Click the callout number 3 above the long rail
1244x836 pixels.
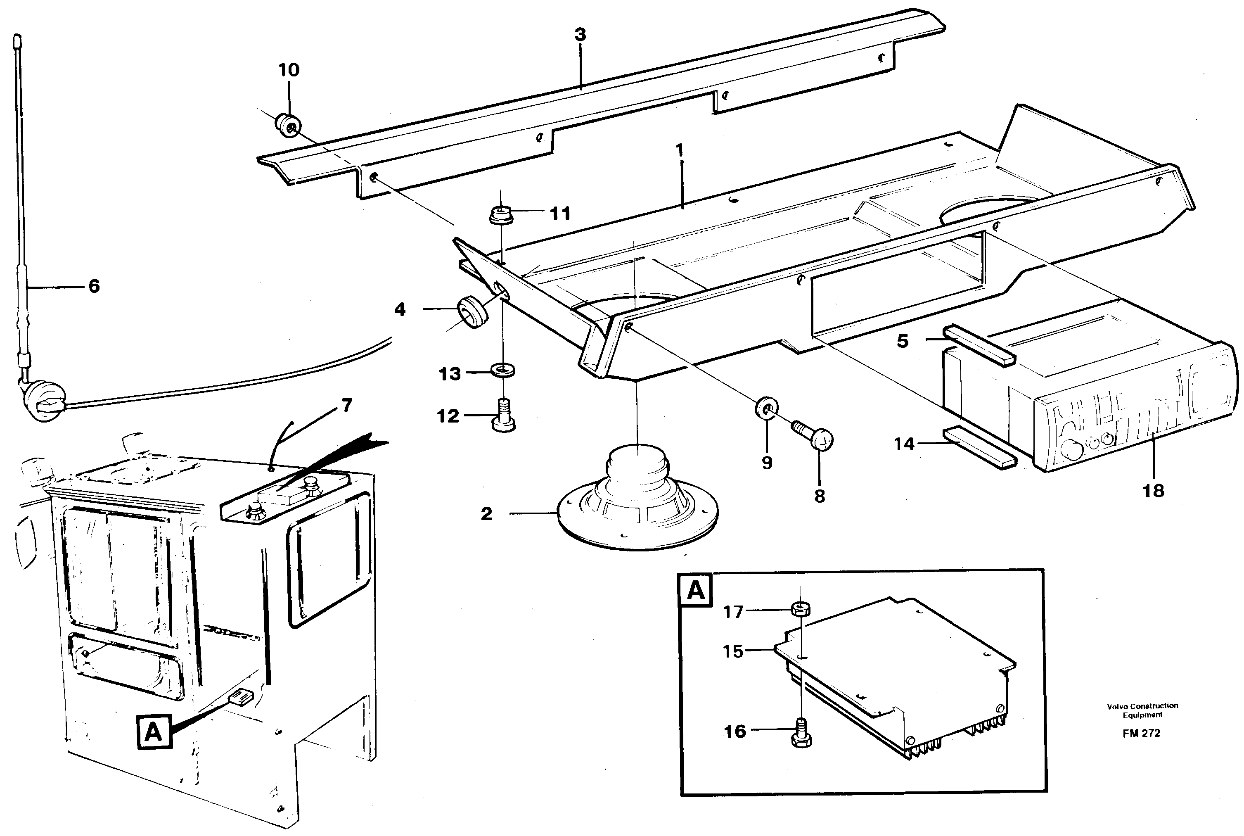pos(580,35)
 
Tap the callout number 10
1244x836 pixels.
pos(289,70)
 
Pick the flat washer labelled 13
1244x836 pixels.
pos(502,370)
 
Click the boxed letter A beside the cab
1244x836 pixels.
pos(154,732)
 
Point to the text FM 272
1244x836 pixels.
pos(1141,733)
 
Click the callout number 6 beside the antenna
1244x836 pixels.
pos(94,286)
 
